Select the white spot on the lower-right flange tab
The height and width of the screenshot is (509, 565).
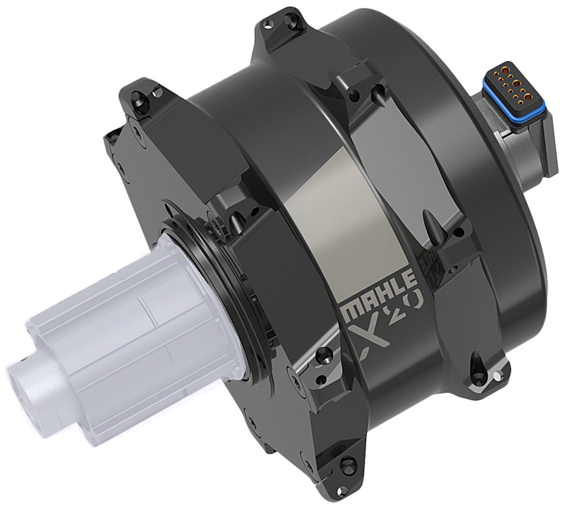[497, 377]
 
